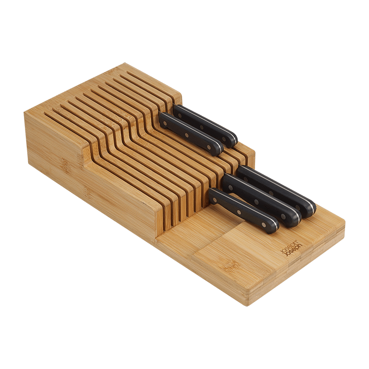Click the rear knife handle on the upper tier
205,125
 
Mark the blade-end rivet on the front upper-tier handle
168,122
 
